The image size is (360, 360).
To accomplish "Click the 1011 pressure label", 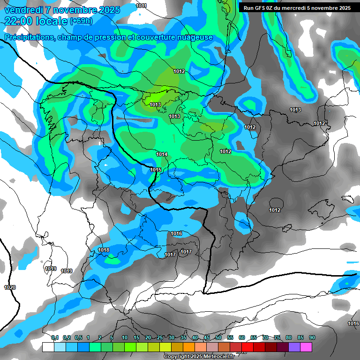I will click(x=141, y=6).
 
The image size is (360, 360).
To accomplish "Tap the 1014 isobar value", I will click(x=162, y=154).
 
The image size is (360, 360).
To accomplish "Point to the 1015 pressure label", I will click(x=156, y=170).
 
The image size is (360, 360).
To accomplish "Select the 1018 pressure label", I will click(x=104, y=250).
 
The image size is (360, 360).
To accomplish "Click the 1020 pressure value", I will click(x=9, y=287).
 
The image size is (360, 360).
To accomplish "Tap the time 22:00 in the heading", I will click(x=21, y=21).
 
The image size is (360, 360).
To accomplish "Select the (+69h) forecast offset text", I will click(x=81, y=21).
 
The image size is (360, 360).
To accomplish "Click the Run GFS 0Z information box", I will click(x=297, y=8).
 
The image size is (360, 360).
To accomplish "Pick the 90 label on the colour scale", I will click(x=312, y=337).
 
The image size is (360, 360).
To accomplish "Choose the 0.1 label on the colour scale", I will click(x=55, y=337).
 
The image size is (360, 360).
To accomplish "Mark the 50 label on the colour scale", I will click(x=218, y=337).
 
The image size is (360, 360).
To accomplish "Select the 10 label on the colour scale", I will click(x=125, y=337).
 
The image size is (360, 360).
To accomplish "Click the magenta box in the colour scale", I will click(x=306, y=347).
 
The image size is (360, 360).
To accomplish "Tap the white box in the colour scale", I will click(x=48, y=347).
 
